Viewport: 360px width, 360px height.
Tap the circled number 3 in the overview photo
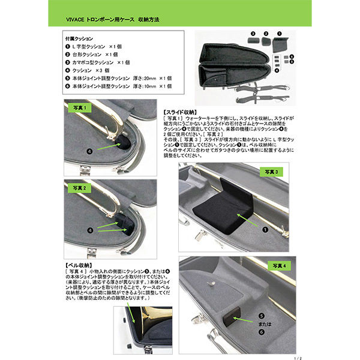253,32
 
